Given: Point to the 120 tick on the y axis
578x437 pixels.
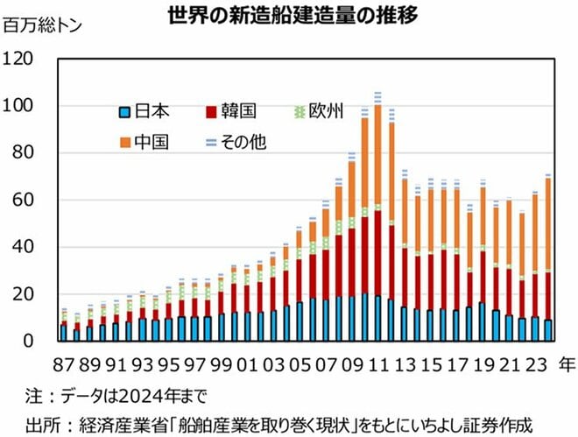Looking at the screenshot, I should [18, 59].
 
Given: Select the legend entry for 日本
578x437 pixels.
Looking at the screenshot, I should [144, 111].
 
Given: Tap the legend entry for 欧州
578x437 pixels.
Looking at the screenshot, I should [318, 111].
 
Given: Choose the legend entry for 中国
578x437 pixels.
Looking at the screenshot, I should [144, 142].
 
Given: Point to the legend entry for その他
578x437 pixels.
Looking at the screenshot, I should [236, 142].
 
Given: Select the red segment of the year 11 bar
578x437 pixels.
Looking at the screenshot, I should [377, 254].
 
